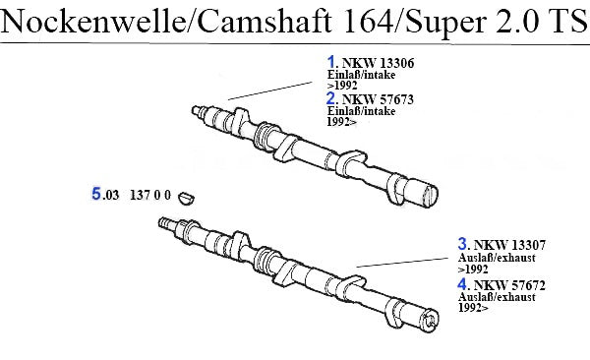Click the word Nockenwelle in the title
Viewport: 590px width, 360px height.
[92, 21]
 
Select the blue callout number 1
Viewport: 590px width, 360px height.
[331, 62]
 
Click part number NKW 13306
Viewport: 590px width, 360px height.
[378, 63]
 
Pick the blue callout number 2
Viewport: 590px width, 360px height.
[331, 98]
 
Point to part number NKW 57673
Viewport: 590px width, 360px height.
[378, 99]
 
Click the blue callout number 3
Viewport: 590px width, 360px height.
[462, 244]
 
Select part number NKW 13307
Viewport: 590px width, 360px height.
[509, 245]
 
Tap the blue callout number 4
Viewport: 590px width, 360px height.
[462, 284]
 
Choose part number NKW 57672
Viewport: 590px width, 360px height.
[509, 285]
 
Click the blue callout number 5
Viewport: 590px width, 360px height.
[96, 194]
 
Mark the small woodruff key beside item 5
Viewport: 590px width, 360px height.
[186, 198]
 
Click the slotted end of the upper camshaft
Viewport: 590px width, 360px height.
[430, 195]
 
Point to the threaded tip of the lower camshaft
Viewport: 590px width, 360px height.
[165, 222]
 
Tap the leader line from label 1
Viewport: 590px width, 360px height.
[270, 90]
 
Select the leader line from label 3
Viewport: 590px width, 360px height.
[402, 263]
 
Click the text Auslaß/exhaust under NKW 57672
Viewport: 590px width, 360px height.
[497, 297]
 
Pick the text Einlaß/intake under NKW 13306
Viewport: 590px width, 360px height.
[361, 75]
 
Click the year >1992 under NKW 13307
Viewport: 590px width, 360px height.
[473, 270]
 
